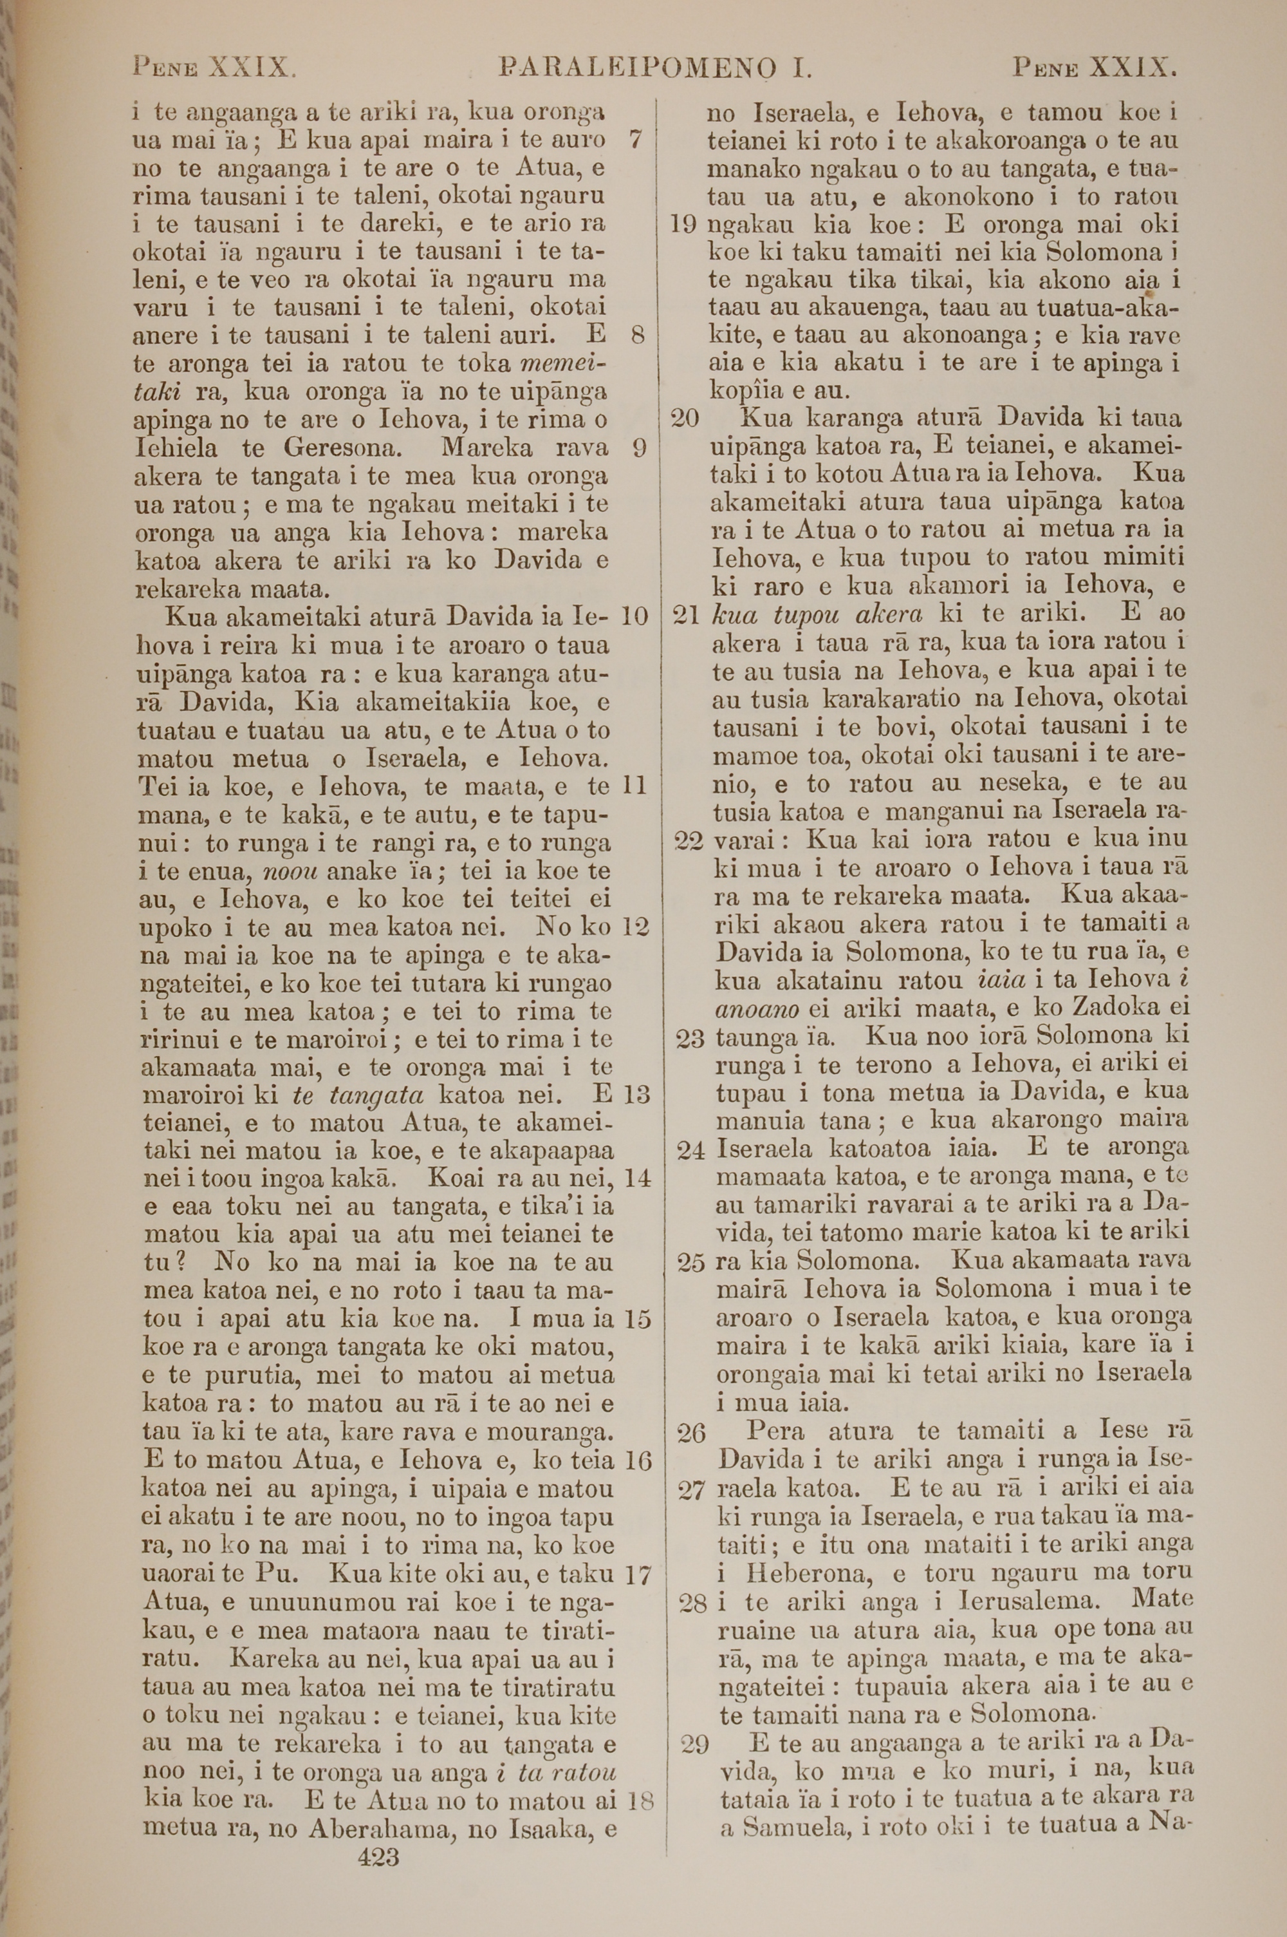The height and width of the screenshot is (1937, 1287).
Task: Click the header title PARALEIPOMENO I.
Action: click(654, 66)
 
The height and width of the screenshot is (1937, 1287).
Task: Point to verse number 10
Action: click(634, 615)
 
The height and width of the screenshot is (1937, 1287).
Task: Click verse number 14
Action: click(637, 1178)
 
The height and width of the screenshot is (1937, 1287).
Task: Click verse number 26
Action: click(691, 1433)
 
